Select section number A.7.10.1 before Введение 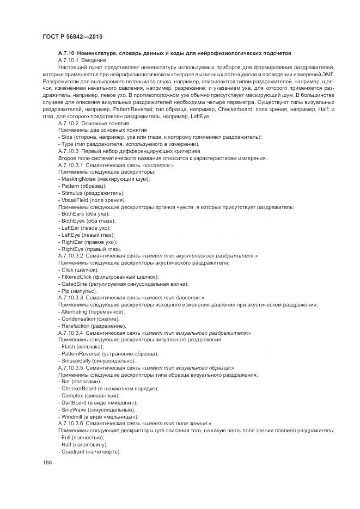pos(69,60)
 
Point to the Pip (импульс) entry pos(64,291)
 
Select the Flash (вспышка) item pos(68,346)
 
